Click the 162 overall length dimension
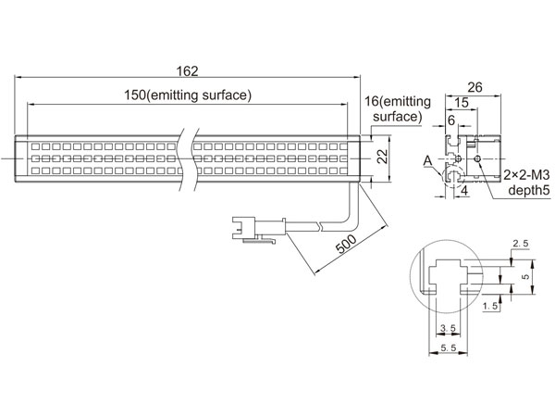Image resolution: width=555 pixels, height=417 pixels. click(x=187, y=71)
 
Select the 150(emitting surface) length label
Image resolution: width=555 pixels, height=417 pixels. click(x=188, y=95)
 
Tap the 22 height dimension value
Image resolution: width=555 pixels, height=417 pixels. click(x=382, y=157)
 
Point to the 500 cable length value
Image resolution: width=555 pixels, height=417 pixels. click(x=346, y=244)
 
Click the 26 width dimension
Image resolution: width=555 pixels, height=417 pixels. click(x=475, y=87)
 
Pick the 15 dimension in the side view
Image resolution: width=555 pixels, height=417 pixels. click(x=462, y=103)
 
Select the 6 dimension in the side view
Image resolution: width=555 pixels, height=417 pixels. click(x=451, y=120)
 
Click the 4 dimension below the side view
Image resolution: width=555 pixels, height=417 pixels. click(x=464, y=191)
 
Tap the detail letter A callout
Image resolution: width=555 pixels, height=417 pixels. click(x=428, y=161)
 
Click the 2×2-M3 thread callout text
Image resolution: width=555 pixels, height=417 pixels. click(x=526, y=175)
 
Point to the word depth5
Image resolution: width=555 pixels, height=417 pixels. click(x=529, y=190)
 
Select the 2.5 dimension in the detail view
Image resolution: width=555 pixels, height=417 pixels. click(x=520, y=243)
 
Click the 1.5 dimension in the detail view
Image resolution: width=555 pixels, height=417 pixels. click(x=490, y=306)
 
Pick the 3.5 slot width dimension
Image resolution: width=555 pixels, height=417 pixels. click(x=448, y=328)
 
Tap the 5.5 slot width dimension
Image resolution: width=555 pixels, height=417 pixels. click(x=449, y=347)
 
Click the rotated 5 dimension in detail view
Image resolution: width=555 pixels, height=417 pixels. click(x=525, y=276)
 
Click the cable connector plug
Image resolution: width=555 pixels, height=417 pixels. click(x=259, y=229)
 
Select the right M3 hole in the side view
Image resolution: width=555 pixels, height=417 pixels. click(x=478, y=158)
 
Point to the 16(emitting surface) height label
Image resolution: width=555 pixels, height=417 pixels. click(x=398, y=108)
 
